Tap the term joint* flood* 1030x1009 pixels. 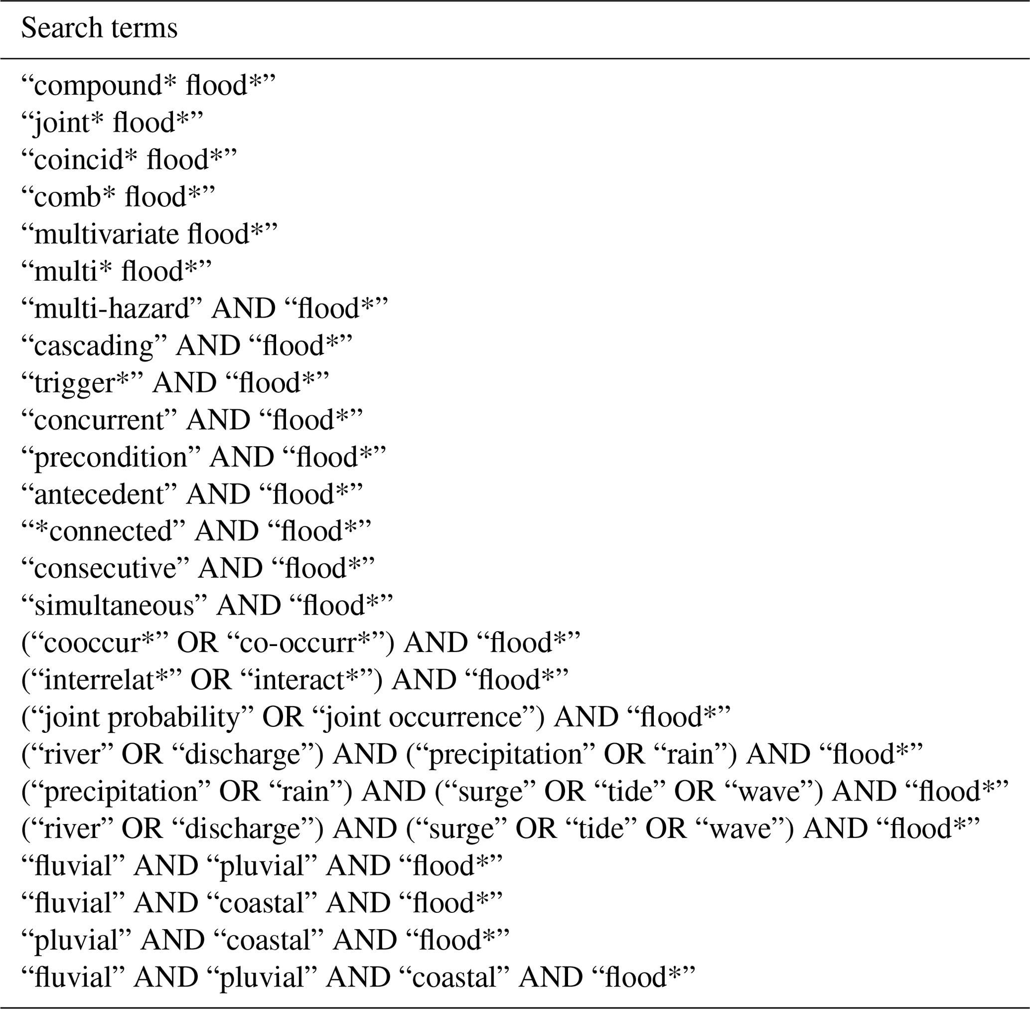(x=112, y=123)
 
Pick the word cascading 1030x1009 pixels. (x=94, y=346)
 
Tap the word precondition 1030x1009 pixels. (x=111, y=457)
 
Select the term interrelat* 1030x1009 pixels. (x=106, y=680)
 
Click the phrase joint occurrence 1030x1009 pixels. (x=421, y=717)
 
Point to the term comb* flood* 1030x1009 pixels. (x=118, y=197)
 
